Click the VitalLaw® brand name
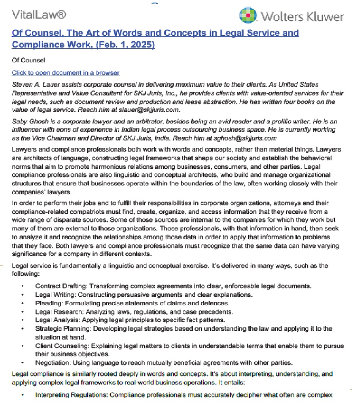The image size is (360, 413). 39,15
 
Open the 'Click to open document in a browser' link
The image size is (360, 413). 66,73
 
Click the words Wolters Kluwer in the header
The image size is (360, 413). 302,17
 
